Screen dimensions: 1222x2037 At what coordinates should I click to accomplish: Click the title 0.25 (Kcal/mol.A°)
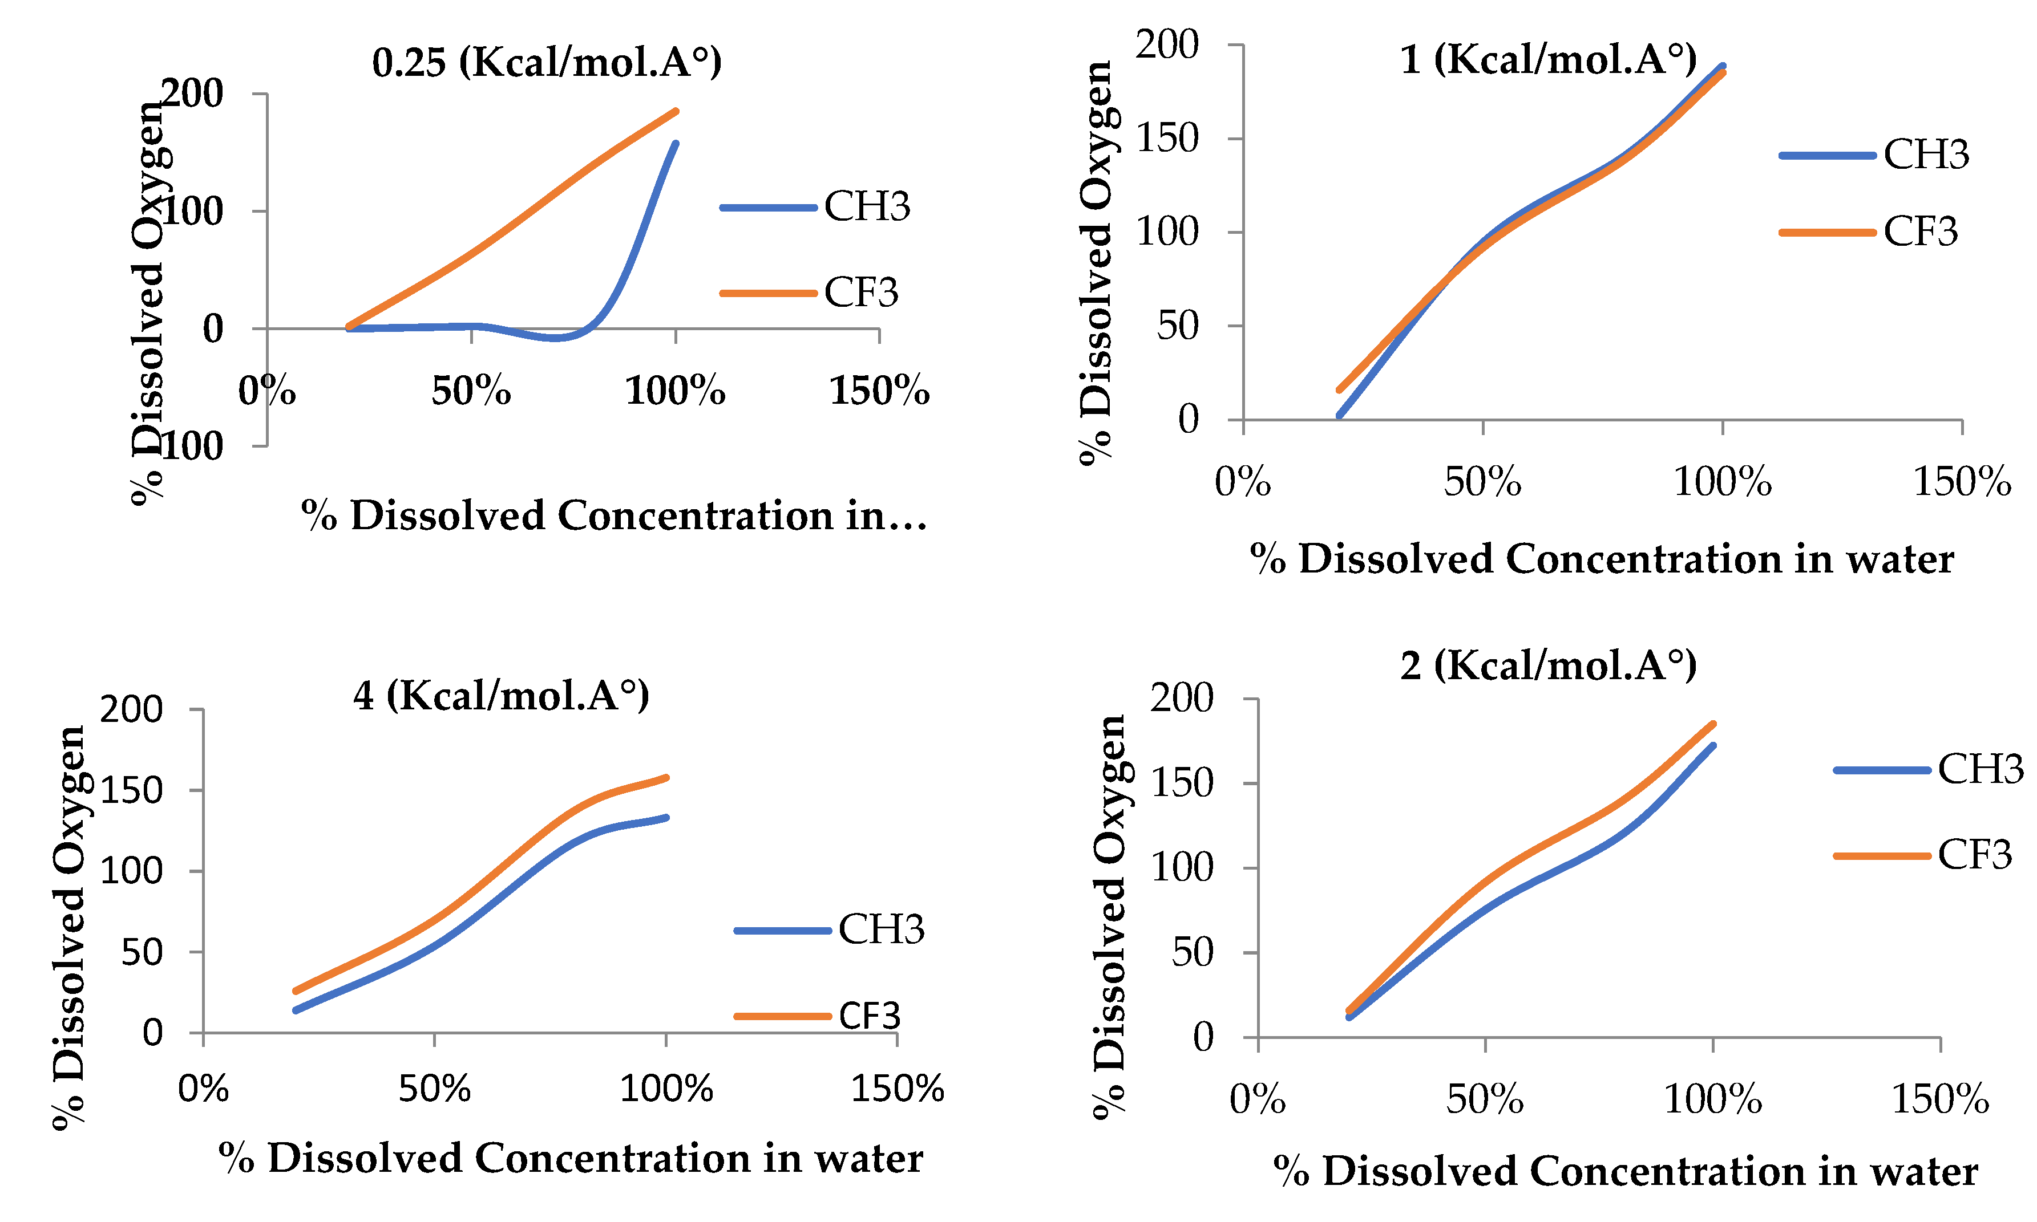point(547,63)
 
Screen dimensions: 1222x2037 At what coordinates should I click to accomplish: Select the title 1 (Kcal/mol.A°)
point(1548,59)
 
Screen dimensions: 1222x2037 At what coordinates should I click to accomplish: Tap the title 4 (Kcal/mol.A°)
point(501,696)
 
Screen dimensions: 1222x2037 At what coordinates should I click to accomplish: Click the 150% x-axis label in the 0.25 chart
point(879,390)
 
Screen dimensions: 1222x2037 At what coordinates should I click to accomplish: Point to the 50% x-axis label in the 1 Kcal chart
point(1482,482)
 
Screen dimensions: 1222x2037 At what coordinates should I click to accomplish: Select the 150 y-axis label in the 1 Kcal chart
point(1167,139)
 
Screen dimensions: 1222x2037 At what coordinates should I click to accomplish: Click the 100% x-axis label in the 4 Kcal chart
point(665,1090)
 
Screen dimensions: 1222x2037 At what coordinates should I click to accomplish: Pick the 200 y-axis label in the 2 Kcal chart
point(1181,699)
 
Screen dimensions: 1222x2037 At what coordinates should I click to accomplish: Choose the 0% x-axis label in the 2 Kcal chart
point(1257,1099)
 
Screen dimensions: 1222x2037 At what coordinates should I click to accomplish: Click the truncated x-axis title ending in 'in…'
point(613,516)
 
